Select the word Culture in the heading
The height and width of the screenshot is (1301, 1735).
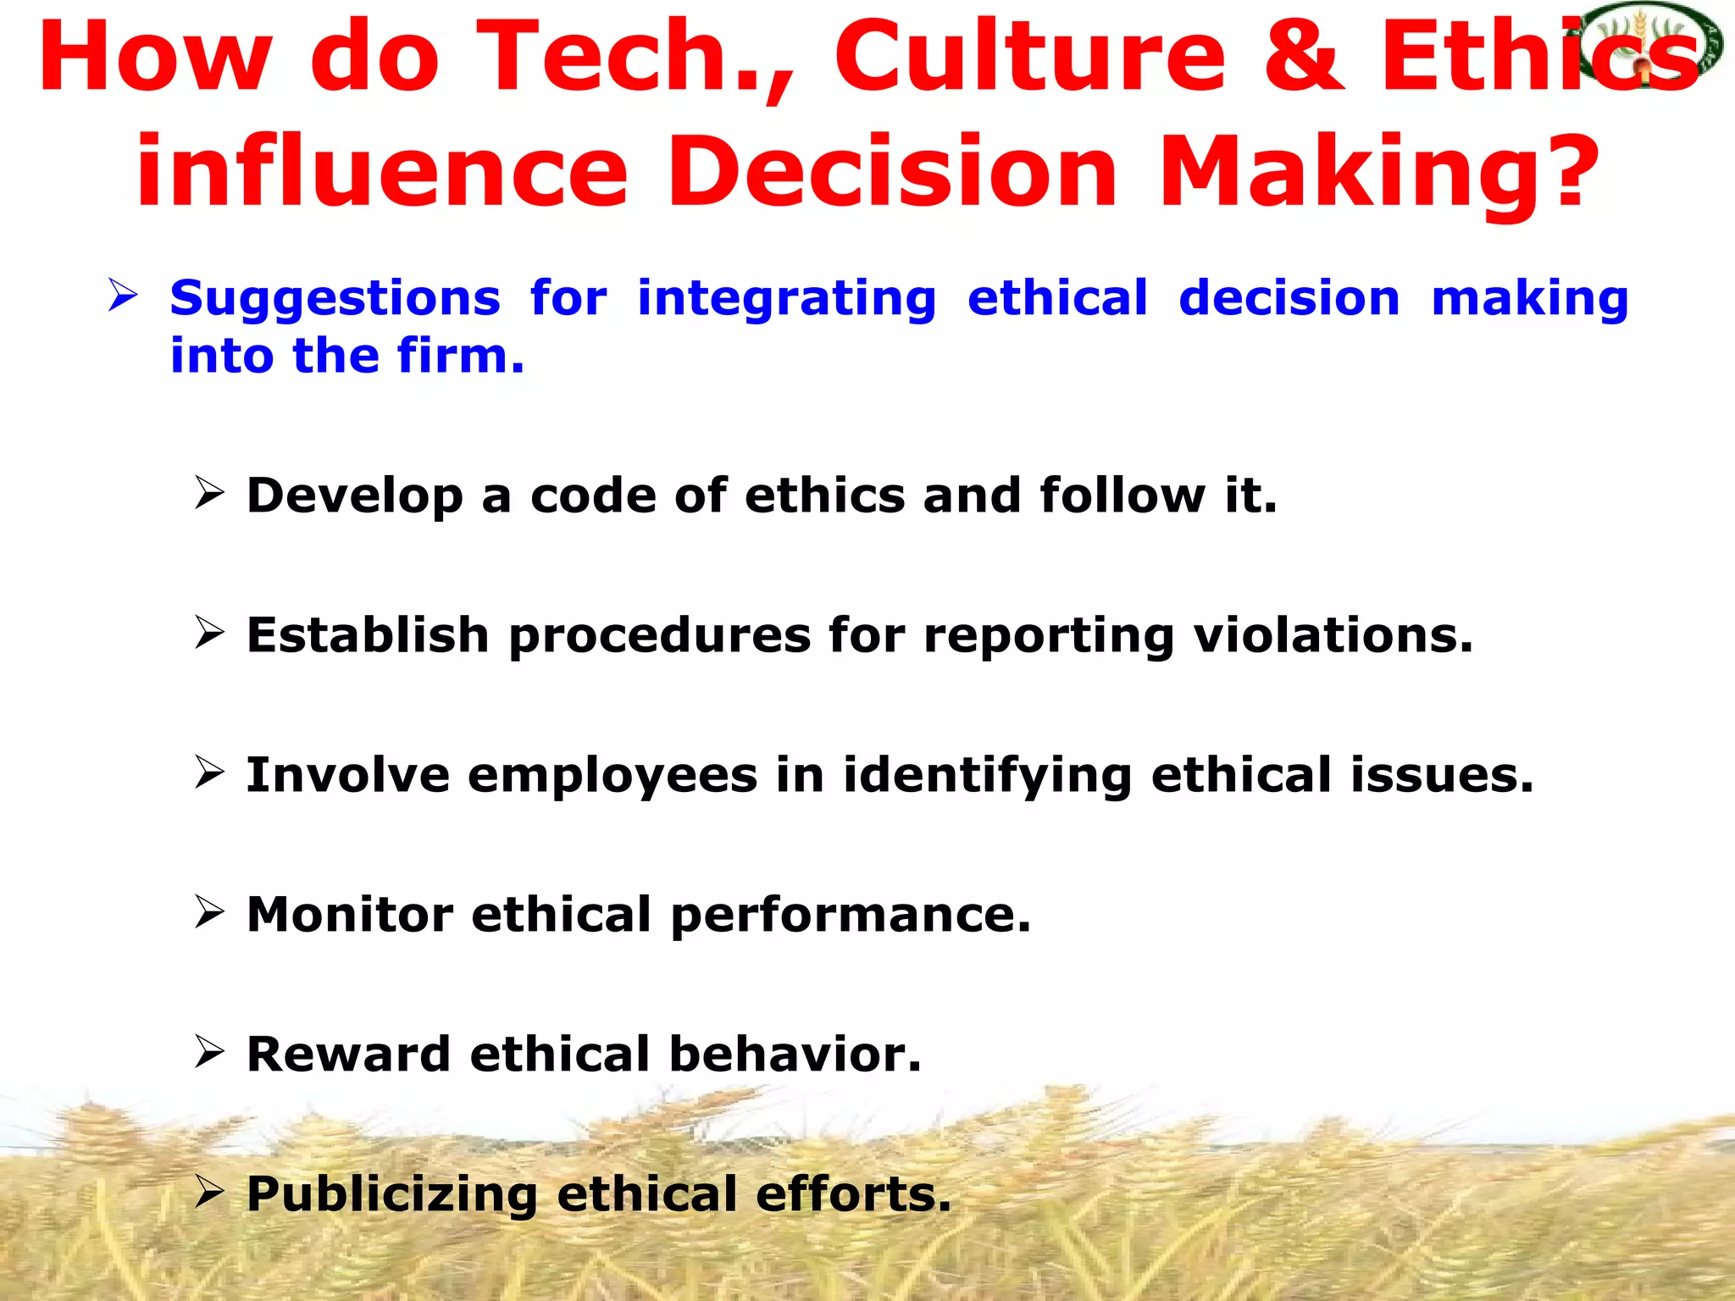(x=1029, y=58)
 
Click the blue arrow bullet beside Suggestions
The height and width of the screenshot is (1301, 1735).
(x=123, y=296)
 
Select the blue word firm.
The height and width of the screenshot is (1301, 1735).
(x=461, y=356)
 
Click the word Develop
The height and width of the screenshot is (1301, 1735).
(x=354, y=496)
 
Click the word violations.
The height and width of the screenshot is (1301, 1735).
(x=1333, y=635)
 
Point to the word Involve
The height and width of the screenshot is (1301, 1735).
(x=347, y=775)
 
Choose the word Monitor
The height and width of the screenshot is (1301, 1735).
(x=350, y=915)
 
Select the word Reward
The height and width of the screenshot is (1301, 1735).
(x=347, y=1055)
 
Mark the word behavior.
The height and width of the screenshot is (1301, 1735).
(x=794, y=1055)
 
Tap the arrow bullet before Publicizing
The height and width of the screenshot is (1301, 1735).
(x=208, y=1192)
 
